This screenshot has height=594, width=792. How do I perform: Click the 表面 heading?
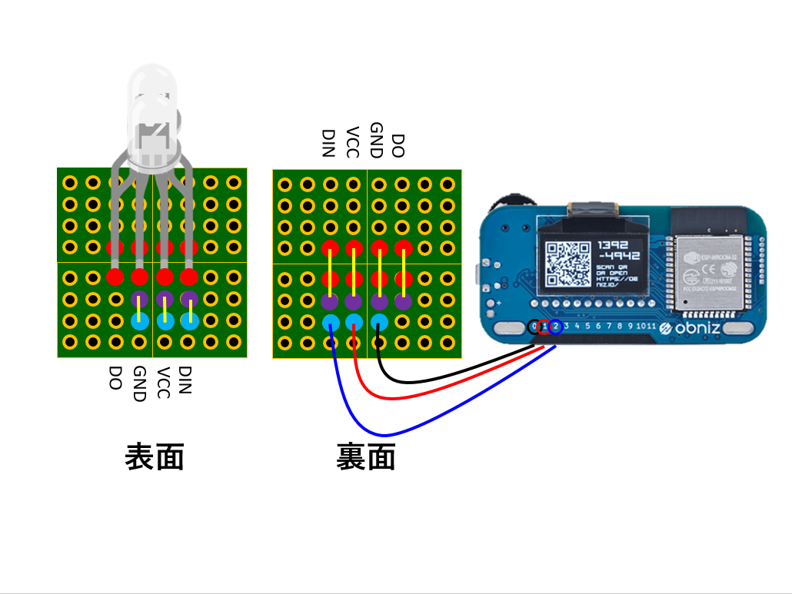tap(154, 457)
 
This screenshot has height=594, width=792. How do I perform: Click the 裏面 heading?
tap(366, 457)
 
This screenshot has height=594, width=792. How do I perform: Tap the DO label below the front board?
tap(115, 377)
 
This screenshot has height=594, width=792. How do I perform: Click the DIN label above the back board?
tap(329, 144)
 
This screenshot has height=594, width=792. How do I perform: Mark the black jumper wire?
tap(431, 380)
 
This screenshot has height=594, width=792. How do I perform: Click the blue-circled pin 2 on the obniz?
tap(554, 327)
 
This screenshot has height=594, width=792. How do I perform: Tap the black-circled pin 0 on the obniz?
tap(534, 327)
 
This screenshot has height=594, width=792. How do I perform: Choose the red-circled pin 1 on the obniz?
tap(544, 327)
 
